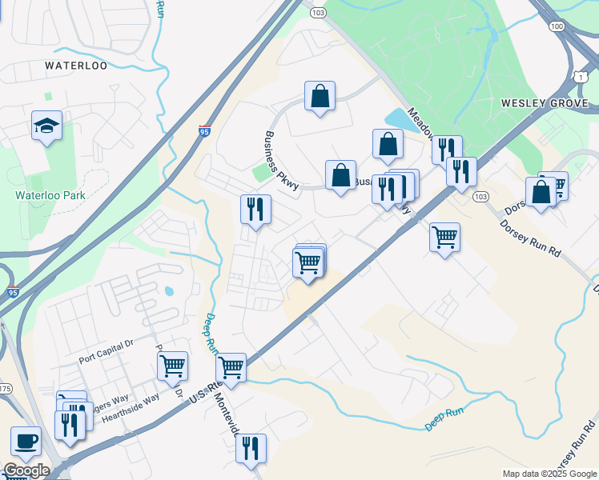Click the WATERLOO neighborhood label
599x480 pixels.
click(76, 66)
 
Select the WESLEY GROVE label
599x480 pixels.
click(545, 103)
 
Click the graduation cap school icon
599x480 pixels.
click(46, 126)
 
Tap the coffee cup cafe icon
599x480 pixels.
click(26, 441)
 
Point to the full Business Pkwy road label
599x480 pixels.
click(281, 161)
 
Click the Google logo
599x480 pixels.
click(26, 470)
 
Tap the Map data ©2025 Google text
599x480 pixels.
click(549, 474)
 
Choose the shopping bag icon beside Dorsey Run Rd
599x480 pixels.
click(541, 193)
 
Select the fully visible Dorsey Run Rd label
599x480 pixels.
click(530, 238)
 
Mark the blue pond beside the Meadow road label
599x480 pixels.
click(398, 120)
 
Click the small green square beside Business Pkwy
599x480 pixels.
click(261, 172)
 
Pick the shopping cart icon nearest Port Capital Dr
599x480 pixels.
click(172, 366)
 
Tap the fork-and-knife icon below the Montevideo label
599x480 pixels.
click(251, 450)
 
